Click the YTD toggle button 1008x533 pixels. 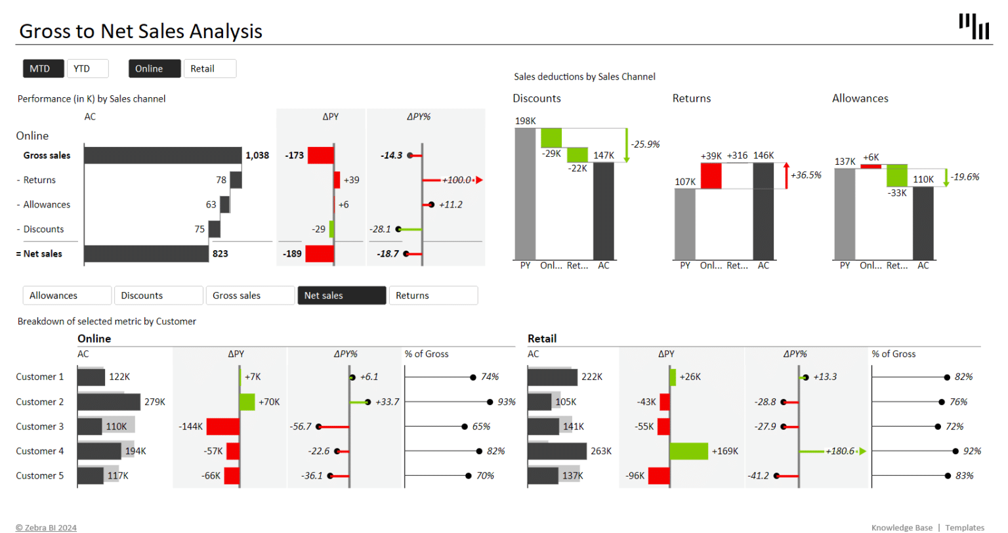(87, 69)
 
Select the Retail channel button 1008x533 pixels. (209, 69)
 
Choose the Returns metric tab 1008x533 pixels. (433, 295)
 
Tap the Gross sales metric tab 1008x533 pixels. (249, 295)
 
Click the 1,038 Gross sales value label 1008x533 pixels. (257, 156)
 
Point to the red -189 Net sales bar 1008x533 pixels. (320, 254)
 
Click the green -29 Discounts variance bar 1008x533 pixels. (331, 229)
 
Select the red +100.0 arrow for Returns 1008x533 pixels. (459, 180)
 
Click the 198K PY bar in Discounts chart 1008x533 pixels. (525, 194)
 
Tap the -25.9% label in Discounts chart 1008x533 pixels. (645, 144)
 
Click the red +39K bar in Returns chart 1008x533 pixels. (711, 176)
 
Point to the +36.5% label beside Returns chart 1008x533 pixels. (806, 175)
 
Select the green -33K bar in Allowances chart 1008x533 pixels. (896, 176)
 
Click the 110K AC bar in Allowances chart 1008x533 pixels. (923, 223)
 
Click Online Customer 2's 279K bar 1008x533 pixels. (109, 402)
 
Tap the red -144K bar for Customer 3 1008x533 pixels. (223, 427)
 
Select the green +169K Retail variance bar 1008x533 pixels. (689, 451)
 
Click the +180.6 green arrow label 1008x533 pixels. (840, 451)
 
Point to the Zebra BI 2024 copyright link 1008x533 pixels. (46, 528)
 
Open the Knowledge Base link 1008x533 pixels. (902, 528)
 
